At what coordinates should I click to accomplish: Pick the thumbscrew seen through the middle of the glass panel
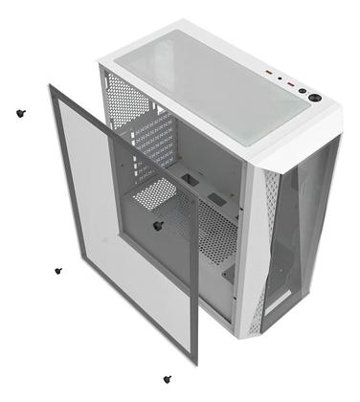point(157,225)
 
